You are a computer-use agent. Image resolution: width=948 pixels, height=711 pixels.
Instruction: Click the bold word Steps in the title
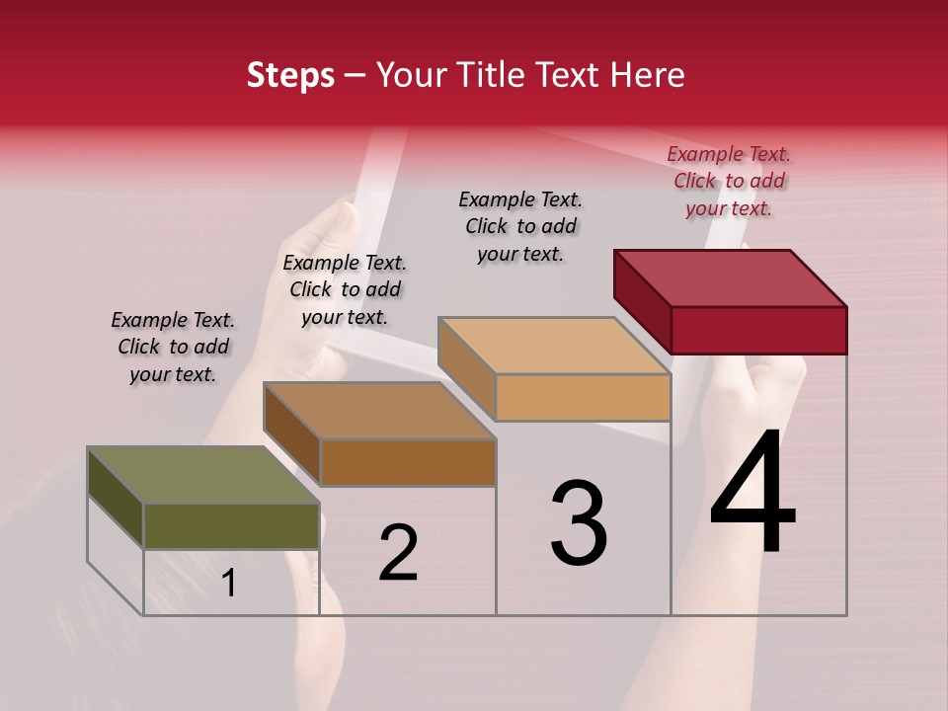[290, 75]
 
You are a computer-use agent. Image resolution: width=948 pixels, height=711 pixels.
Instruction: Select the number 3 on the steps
[579, 523]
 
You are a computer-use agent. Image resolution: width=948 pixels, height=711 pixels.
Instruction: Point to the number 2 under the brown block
[398, 553]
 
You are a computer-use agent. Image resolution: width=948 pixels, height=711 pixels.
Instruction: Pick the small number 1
[229, 584]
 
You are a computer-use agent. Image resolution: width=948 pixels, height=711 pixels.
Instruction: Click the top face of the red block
[731, 277]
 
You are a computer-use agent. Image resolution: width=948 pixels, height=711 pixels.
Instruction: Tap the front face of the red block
[758, 330]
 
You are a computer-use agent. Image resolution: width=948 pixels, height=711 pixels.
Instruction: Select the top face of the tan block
[554, 346]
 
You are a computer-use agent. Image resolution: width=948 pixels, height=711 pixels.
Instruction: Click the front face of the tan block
[583, 398]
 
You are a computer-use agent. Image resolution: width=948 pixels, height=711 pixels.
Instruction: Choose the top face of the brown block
[379, 411]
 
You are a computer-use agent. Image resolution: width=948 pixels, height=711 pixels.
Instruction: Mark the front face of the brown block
[408, 462]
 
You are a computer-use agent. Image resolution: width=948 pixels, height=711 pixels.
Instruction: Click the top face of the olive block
[203, 475]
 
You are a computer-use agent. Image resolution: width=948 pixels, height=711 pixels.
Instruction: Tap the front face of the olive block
[231, 526]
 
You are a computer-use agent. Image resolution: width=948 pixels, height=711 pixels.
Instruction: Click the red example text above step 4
[729, 181]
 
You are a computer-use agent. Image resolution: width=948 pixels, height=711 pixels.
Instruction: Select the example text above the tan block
[520, 226]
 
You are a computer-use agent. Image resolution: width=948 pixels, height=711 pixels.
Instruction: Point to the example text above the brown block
[345, 289]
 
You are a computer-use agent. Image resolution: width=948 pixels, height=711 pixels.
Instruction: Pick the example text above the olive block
[173, 347]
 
